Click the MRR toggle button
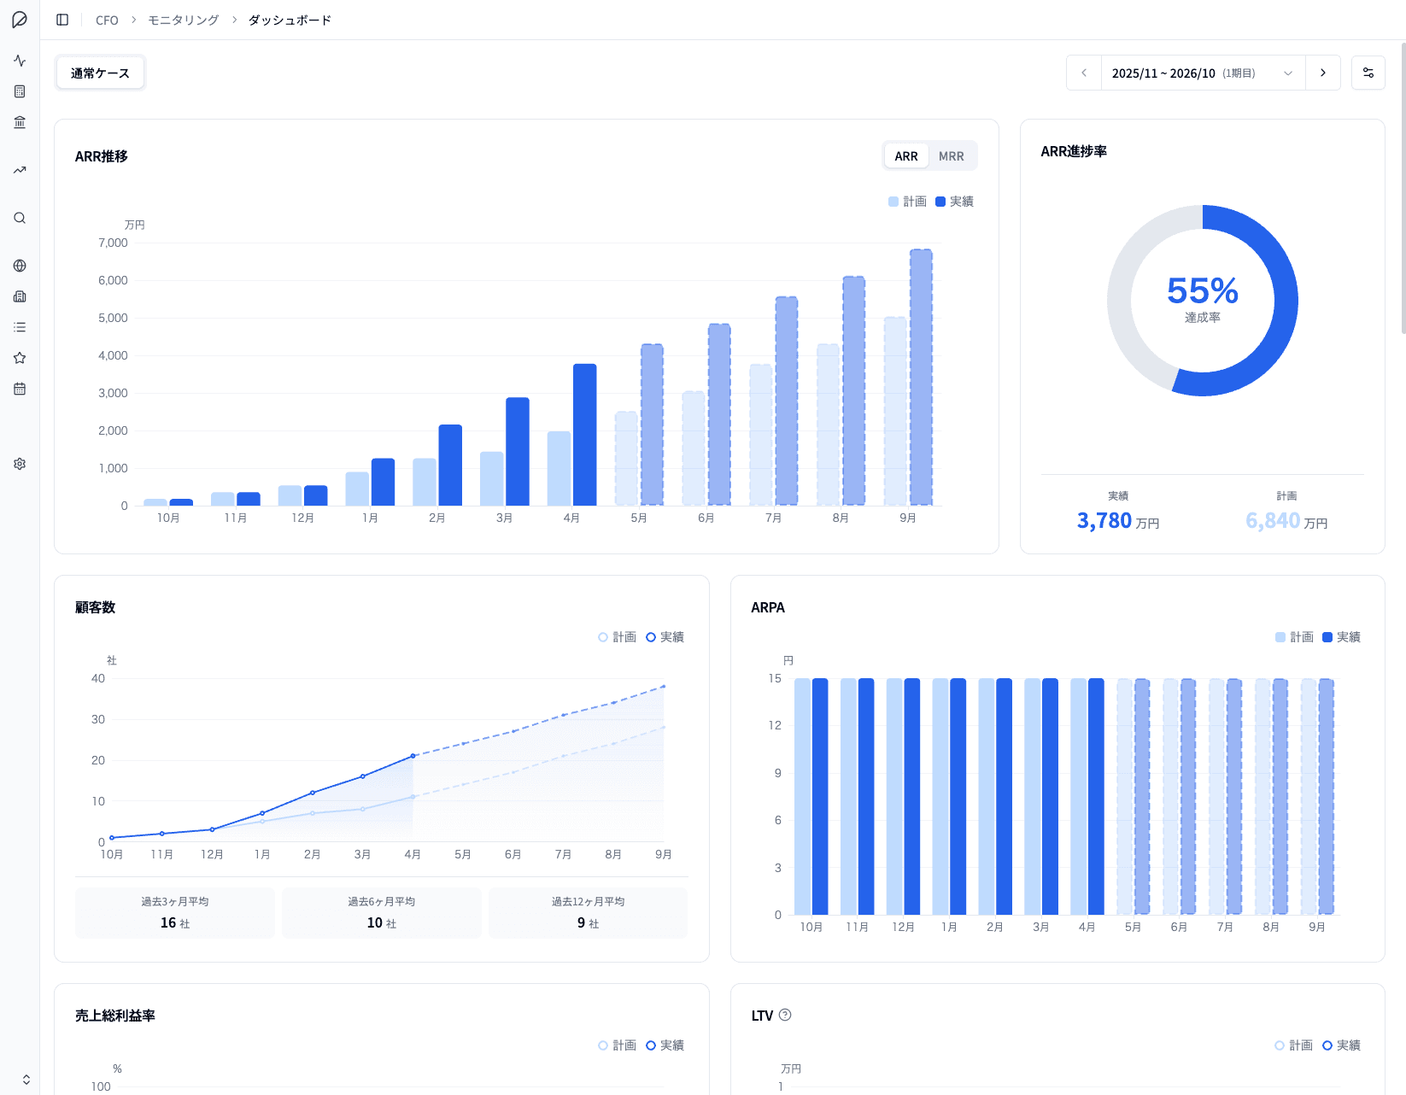point(951,156)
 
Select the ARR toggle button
point(906,156)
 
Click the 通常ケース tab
point(100,73)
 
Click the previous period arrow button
point(1084,73)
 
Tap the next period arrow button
point(1323,73)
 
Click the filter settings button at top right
point(1368,73)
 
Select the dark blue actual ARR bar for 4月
point(585,436)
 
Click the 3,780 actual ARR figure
point(1104,521)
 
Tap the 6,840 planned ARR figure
point(1273,521)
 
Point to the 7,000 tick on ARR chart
point(113,243)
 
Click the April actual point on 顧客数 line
point(413,756)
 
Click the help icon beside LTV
point(785,1015)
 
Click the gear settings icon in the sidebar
point(20,464)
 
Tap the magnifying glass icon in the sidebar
point(20,218)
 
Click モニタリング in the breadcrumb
point(184,20)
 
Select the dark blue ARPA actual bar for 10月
point(820,796)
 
